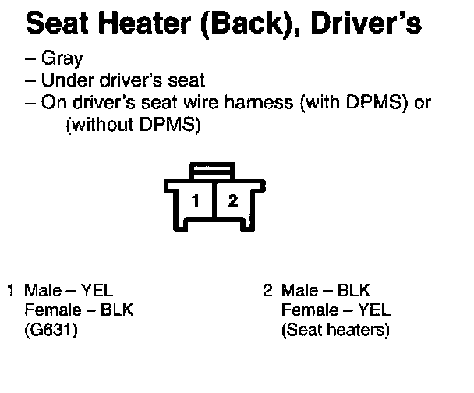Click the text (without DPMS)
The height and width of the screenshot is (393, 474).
[x=133, y=125]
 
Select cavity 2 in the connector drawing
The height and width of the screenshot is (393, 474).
[x=232, y=200]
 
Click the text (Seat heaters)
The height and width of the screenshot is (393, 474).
[x=335, y=330]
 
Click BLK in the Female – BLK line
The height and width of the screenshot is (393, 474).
[x=118, y=310]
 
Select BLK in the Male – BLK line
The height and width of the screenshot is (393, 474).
[x=353, y=291]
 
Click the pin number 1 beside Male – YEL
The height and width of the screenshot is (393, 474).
[x=11, y=291]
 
